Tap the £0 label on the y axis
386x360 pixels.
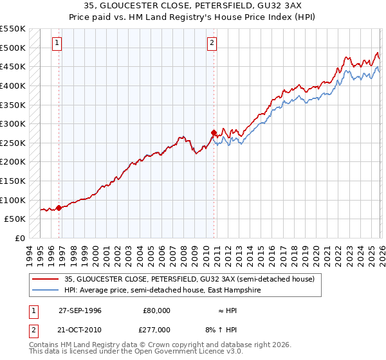click(x=19, y=238)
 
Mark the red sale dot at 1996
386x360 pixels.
click(x=59, y=208)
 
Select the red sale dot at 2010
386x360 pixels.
click(x=214, y=132)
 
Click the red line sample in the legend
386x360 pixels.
click(x=46, y=279)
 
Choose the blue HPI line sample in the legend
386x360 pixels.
click(x=46, y=290)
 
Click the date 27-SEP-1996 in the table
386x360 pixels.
click(x=80, y=310)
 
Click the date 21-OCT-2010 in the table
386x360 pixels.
click(x=80, y=329)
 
